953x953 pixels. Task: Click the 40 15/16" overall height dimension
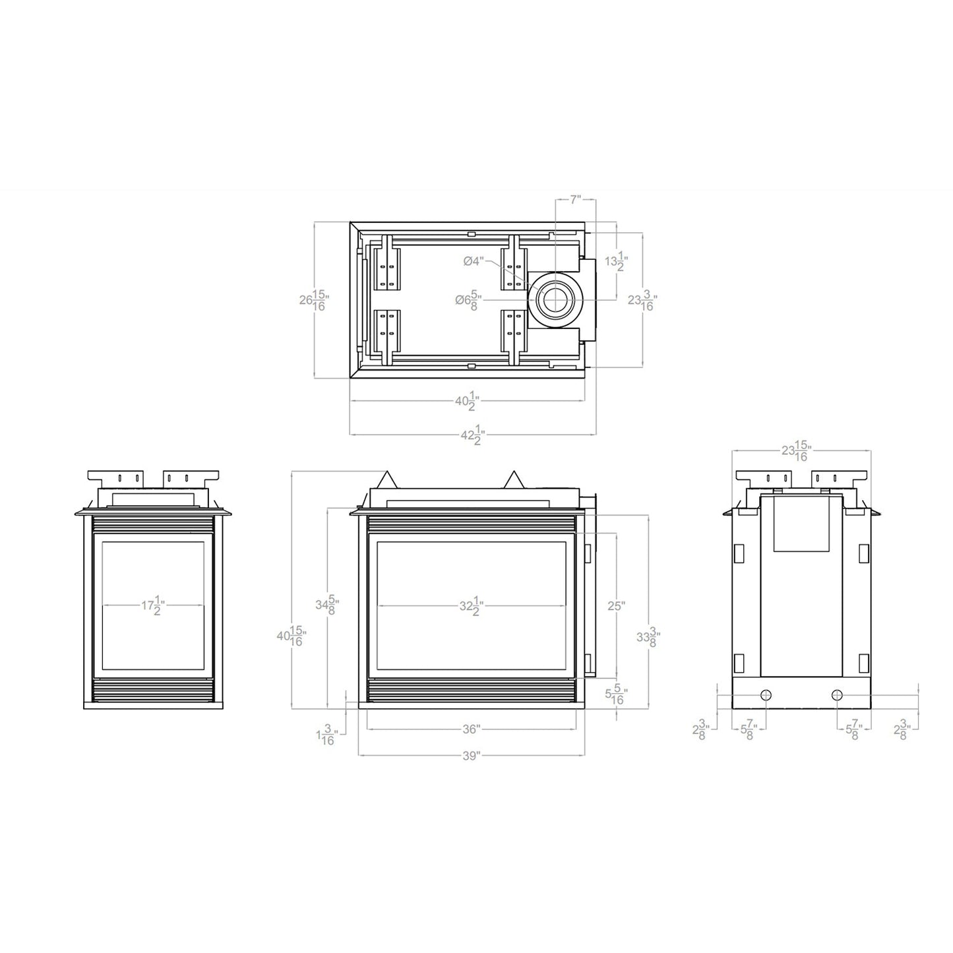click(x=291, y=636)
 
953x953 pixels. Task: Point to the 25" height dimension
click(x=615, y=605)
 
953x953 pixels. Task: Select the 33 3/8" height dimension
click(x=648, y=636)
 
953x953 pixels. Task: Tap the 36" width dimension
click(x=471, y=729)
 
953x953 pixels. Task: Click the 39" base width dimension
click(x=470, y=756)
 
